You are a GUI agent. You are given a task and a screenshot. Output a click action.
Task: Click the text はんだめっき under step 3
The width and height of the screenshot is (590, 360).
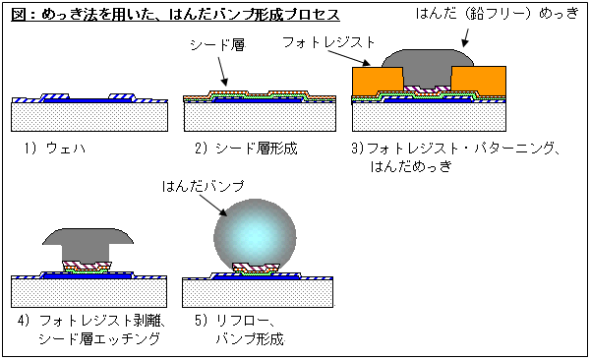(x=405, y=166)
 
